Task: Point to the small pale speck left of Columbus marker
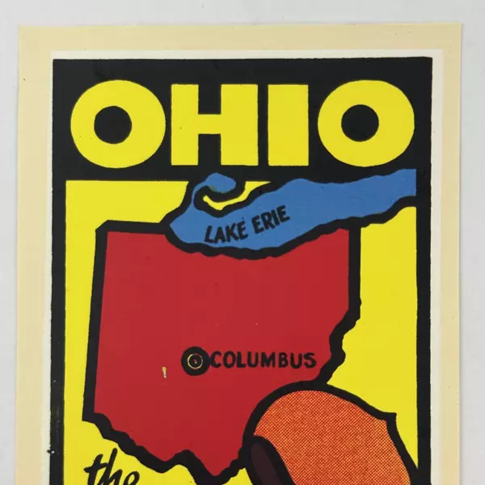(163, 373)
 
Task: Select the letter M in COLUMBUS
(268, 360)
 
